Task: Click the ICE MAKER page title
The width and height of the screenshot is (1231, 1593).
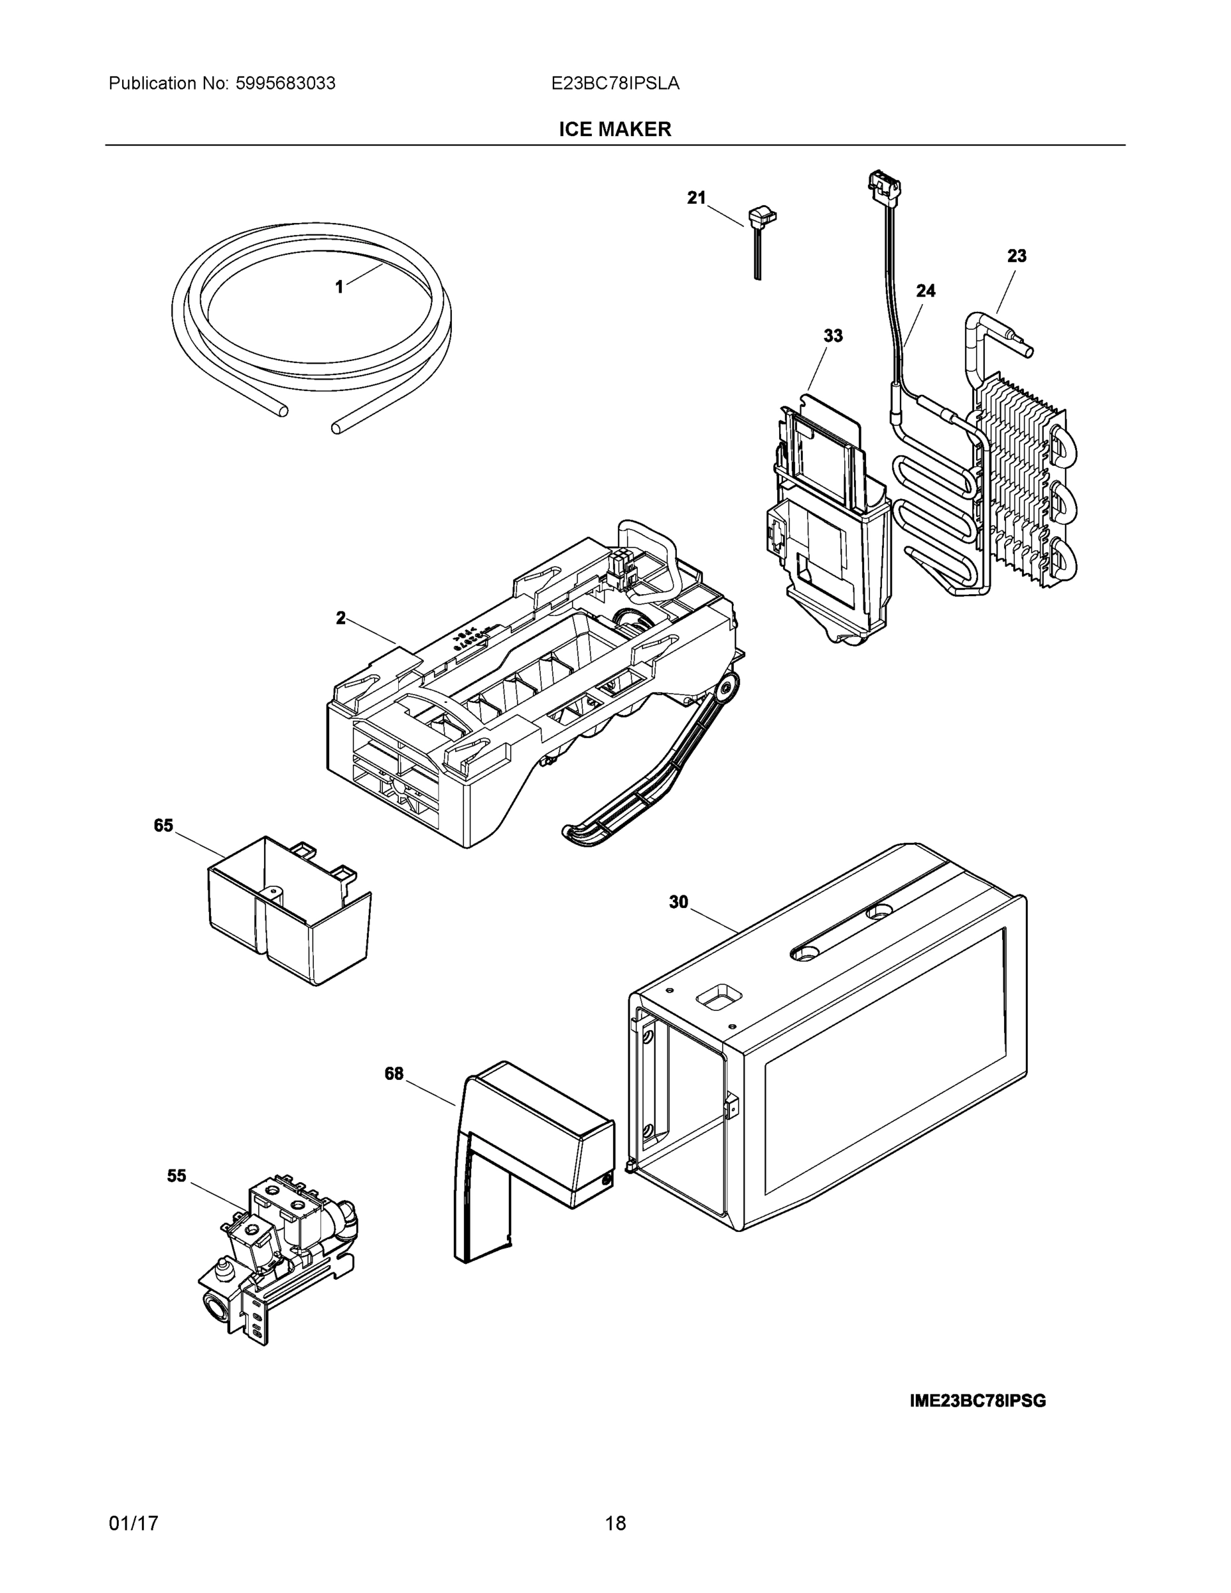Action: coord(615,129)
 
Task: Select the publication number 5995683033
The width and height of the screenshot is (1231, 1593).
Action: coord(285,84)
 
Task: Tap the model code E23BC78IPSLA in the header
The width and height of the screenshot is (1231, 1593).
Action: coord(615,84)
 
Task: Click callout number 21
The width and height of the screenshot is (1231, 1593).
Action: coord(696,198)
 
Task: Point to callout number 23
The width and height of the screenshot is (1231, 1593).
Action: coord(1017,256)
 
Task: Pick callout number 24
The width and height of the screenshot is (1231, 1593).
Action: coord(926,291)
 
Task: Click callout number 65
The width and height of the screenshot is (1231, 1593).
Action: coord(163,825)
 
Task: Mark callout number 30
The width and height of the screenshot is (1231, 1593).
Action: coord(678,902)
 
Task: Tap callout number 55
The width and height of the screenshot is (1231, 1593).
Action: coord(177,1176)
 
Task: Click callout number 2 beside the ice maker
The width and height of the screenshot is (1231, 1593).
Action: coord(340,618)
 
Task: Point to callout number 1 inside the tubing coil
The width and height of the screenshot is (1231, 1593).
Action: coord(339,287)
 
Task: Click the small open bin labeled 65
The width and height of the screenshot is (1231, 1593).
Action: coord(288,912)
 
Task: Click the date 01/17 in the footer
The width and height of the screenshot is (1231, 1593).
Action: coord(133,1523)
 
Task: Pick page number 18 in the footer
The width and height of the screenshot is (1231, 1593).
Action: coord(615,1523)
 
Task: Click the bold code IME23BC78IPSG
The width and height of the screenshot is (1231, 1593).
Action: coord(978,1401)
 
